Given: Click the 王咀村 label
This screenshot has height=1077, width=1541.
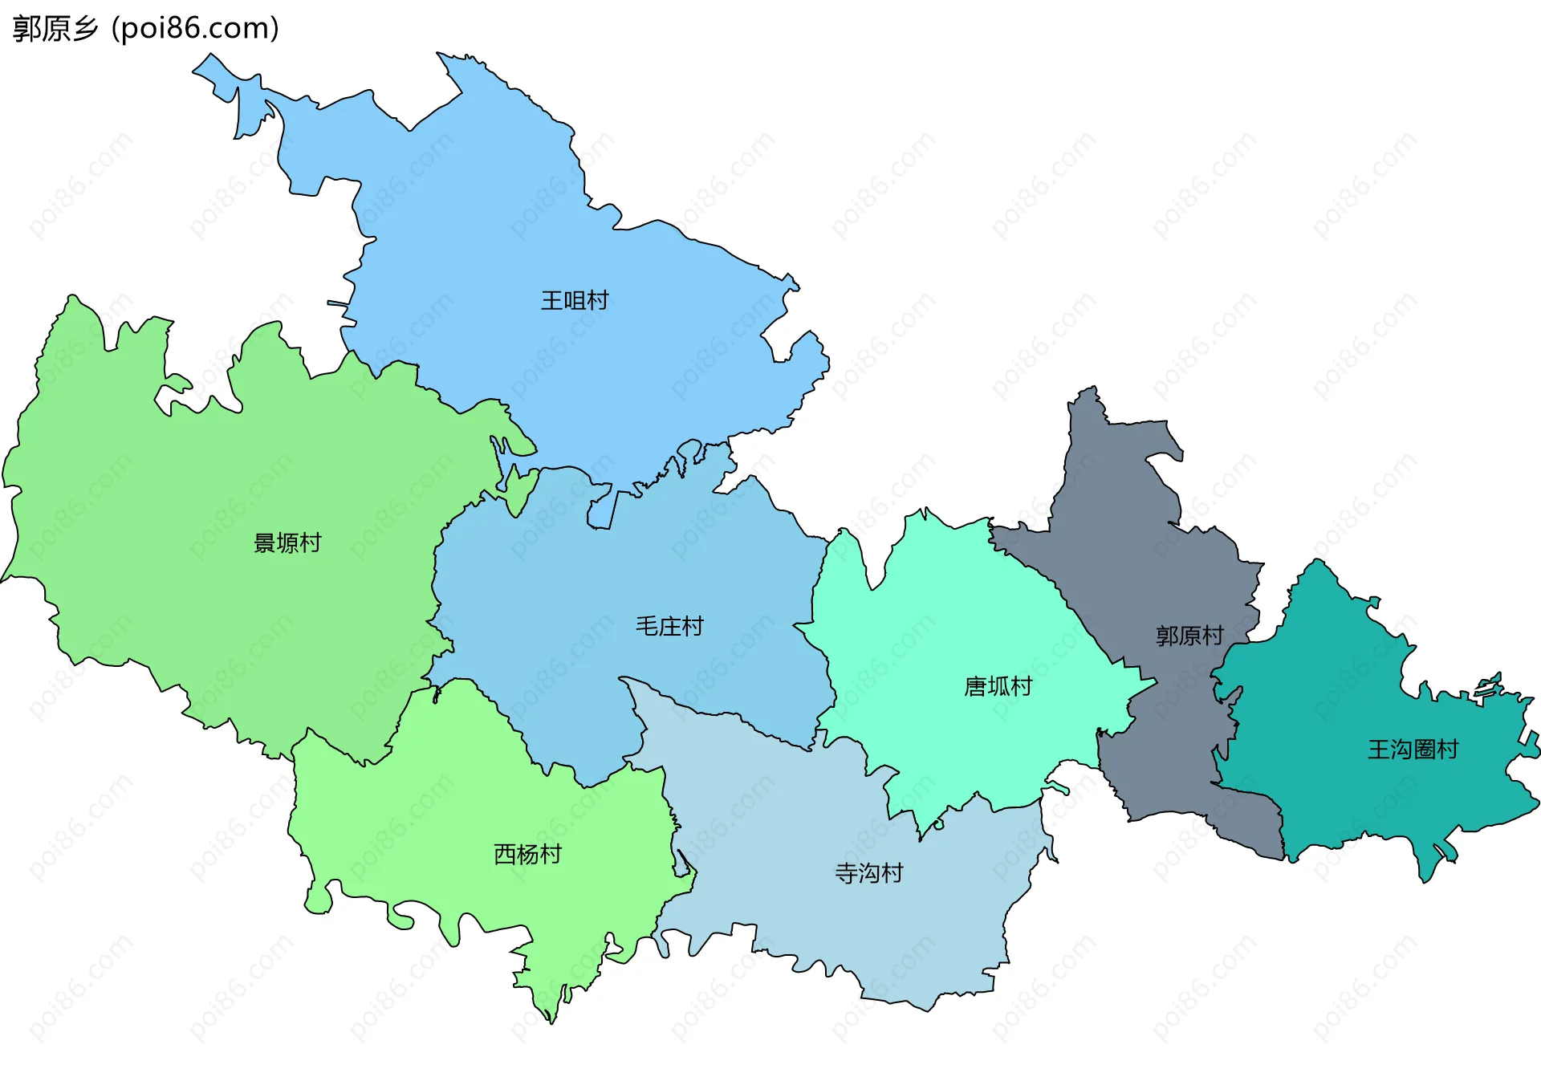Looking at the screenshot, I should pyautogui.click(x=575, y=301).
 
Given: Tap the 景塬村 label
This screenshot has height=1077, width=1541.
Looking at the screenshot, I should pyautogui.click(x=287, y=543).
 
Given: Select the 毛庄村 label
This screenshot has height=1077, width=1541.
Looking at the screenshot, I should pyautogui.click(x=669, y=626).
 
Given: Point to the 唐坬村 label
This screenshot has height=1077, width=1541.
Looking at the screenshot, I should pyautogui.click(x=998, y=687).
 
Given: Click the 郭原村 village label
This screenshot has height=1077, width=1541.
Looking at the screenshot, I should pyautogui.click(x=1189, y=636).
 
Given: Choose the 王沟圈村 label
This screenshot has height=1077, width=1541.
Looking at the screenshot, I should pyautogui.click(x=1413, y=750).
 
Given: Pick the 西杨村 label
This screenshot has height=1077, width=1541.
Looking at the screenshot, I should pyautogui.click(x=527, y=855).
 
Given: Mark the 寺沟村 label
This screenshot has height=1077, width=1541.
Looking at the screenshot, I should pyautogui.click(x=869, y=873).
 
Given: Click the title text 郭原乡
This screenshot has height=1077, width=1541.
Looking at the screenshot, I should pyautogui.click(x=55, y=29).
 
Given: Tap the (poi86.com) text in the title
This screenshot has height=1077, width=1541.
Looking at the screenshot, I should pyautogui.click(x=195, y=29).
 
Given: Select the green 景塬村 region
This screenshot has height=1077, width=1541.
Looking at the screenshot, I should pyautogui.click(x=201, y=482).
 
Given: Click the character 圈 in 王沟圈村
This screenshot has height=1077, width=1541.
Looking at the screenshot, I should pyautogui.click(x=1424, y=750).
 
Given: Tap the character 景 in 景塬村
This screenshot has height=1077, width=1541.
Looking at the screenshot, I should pyautogui.click(x=265, y=543).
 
